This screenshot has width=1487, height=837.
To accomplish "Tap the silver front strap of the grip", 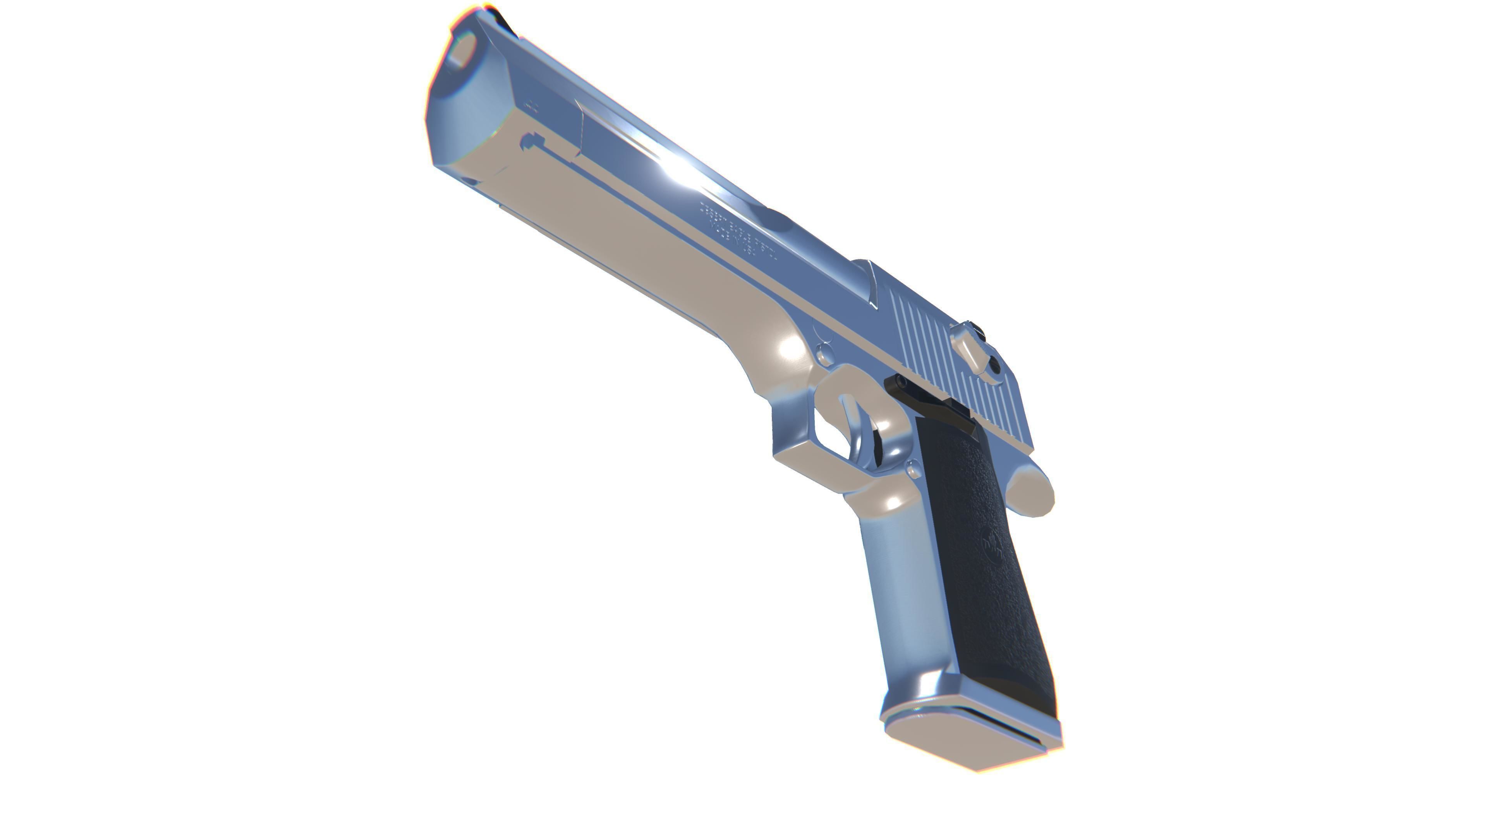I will pyautogui.click(x=900, y=595).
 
